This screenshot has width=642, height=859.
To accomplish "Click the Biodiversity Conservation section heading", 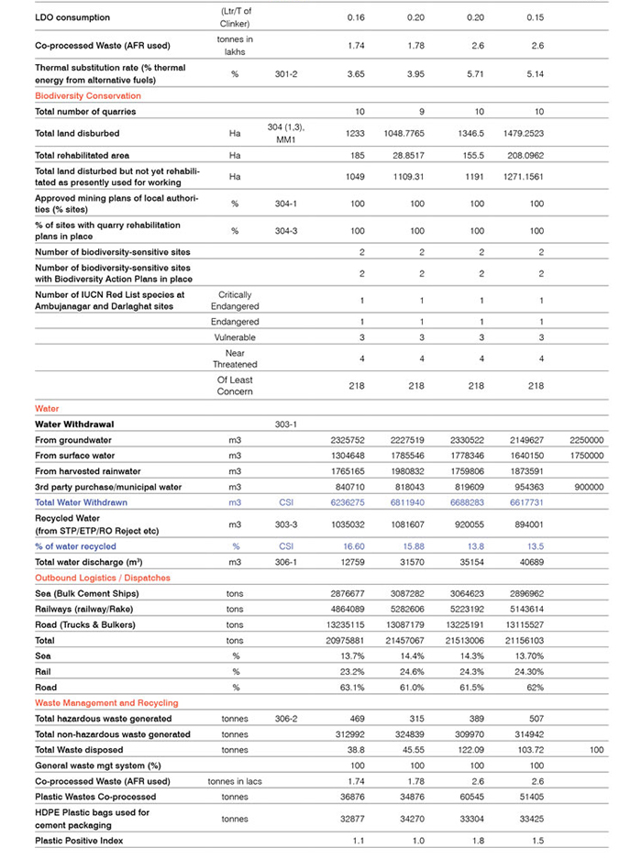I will [88, 95].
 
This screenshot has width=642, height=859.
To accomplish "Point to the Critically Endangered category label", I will [235, 301].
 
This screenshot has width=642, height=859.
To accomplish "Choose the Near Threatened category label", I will [235, 358].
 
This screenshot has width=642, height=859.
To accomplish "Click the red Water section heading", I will [47, 408].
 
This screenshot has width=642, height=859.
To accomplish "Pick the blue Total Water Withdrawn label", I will [81, 502].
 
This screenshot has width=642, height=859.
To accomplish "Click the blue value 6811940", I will [416, 502].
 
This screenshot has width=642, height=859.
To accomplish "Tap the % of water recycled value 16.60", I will [354, 546].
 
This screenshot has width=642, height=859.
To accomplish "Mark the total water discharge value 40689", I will [533, 562].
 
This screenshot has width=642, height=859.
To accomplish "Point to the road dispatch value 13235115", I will [354, 624].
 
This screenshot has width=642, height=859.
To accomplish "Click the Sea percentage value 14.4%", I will [416, 656].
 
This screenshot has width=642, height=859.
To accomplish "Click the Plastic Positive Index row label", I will [79, 840].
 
